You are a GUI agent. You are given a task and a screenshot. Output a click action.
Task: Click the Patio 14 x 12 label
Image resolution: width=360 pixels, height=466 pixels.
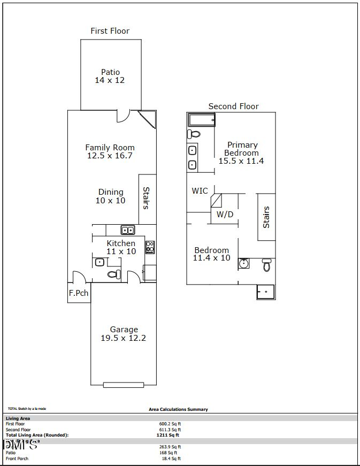coord(110,76)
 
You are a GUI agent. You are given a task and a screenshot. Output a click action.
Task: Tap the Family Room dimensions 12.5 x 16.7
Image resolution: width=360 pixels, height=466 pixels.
coord(110,156)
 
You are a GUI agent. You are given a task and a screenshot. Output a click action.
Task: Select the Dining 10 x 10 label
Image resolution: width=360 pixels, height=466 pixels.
coord(111,196)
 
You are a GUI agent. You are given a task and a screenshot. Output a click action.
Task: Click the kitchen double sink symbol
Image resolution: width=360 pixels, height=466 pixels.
coord(128,230)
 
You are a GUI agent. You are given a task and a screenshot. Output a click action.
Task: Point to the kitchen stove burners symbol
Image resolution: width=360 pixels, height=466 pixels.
coord(150,247)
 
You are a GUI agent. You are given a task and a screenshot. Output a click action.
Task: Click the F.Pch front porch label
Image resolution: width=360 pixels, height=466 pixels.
coord(79,293)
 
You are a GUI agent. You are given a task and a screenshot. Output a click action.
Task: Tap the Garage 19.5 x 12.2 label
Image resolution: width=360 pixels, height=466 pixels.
coord(124,334)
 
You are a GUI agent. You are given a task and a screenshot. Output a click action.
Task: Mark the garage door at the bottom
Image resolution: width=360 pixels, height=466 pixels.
coord(124,384)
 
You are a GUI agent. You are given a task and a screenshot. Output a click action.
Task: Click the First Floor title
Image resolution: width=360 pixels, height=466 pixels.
coord(110,31)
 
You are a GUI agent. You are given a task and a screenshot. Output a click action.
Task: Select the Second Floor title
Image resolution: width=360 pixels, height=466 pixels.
coord(233,106)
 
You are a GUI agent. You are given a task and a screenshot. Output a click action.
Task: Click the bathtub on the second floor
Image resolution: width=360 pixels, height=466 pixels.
coord(202,119)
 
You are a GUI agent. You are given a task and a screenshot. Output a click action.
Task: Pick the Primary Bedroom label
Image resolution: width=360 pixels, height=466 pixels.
coord(242,152)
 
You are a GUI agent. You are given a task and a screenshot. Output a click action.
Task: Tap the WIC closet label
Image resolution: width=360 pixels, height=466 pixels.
coord(200,191)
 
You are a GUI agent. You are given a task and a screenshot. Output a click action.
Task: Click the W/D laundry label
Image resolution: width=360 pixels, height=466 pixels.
coord(225,215)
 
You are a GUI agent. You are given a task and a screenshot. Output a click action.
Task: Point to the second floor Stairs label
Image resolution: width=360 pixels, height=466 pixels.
coord(266,217)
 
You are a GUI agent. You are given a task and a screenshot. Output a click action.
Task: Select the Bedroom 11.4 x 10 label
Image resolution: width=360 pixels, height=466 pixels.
coord(211,254)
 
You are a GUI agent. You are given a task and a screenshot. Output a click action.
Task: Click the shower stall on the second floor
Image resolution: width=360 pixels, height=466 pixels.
coord(265,292)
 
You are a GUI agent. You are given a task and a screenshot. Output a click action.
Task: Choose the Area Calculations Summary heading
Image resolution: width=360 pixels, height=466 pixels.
coord(178,409)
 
